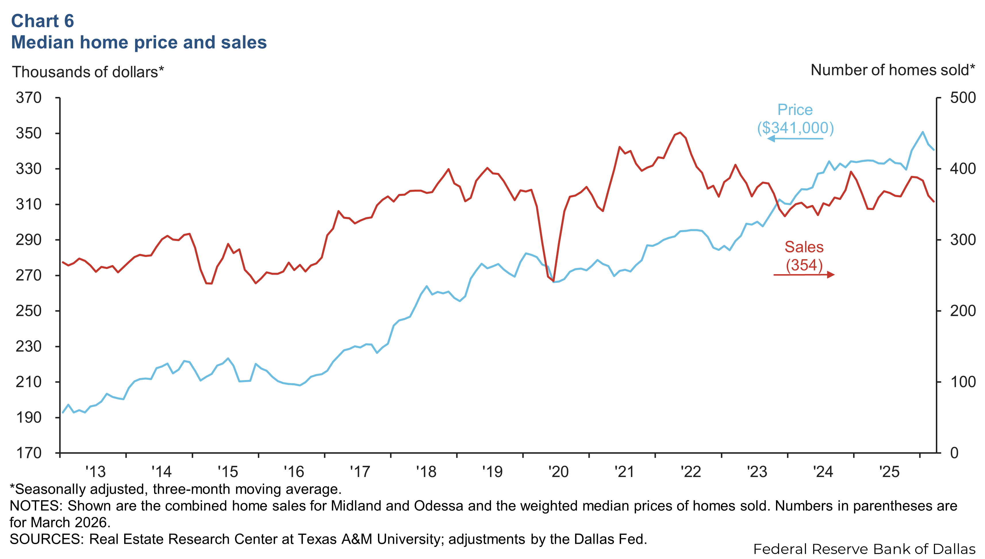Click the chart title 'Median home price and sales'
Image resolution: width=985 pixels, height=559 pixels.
point(139,42)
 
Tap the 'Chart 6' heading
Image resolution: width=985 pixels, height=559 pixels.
point(43,21)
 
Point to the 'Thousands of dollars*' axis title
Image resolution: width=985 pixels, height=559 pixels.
point(88,72)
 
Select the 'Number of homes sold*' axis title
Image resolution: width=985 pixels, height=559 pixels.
point(892,70)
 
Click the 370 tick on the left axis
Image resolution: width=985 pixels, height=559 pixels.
point(29,98)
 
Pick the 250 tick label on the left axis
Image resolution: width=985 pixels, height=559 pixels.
point(29,311)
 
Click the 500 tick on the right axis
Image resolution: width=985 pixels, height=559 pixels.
point(963,98)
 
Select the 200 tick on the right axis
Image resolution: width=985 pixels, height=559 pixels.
point(963,311)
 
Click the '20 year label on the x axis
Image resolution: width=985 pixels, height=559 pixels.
point(558,472)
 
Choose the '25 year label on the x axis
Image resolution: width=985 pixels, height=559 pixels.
point(889,472)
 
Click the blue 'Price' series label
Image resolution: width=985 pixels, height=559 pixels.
point(795,110)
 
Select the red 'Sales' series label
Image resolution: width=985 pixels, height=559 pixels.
point(804,247)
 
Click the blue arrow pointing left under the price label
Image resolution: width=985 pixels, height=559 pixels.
point(795,138)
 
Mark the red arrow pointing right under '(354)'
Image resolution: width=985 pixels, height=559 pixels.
point(804,274)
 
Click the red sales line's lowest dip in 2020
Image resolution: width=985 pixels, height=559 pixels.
point(554,281)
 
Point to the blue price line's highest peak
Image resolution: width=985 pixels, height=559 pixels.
point(922,132)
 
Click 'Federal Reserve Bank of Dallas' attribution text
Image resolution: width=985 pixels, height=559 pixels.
point(865,549)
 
